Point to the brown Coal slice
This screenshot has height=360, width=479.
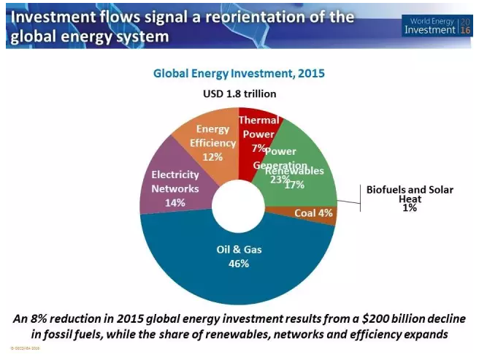tap(315, 213)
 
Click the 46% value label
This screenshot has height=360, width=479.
tap(238, 264)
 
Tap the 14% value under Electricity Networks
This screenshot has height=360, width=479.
tap(175, 202)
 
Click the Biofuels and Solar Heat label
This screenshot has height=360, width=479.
tap(408, 194)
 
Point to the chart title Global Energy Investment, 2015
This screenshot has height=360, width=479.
tap(238, 74)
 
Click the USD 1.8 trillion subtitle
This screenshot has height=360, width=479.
tap(239, 93)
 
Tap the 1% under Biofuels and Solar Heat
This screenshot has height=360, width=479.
tap(409, 208)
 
